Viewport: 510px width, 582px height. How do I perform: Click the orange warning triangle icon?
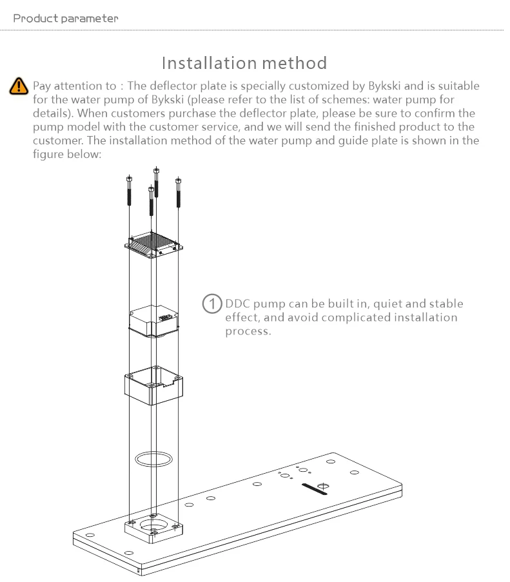point(19,86)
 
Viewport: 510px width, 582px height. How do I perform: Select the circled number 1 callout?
point(211,304)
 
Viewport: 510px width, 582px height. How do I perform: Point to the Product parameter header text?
point(66,18)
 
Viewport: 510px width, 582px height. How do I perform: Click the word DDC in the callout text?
point(237,304)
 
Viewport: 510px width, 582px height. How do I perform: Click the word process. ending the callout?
point(248,331)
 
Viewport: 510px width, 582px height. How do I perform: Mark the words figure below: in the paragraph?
point(67,155)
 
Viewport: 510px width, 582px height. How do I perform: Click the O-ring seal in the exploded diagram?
point(153,458)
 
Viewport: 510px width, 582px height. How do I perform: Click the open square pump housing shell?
point(153,385)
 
